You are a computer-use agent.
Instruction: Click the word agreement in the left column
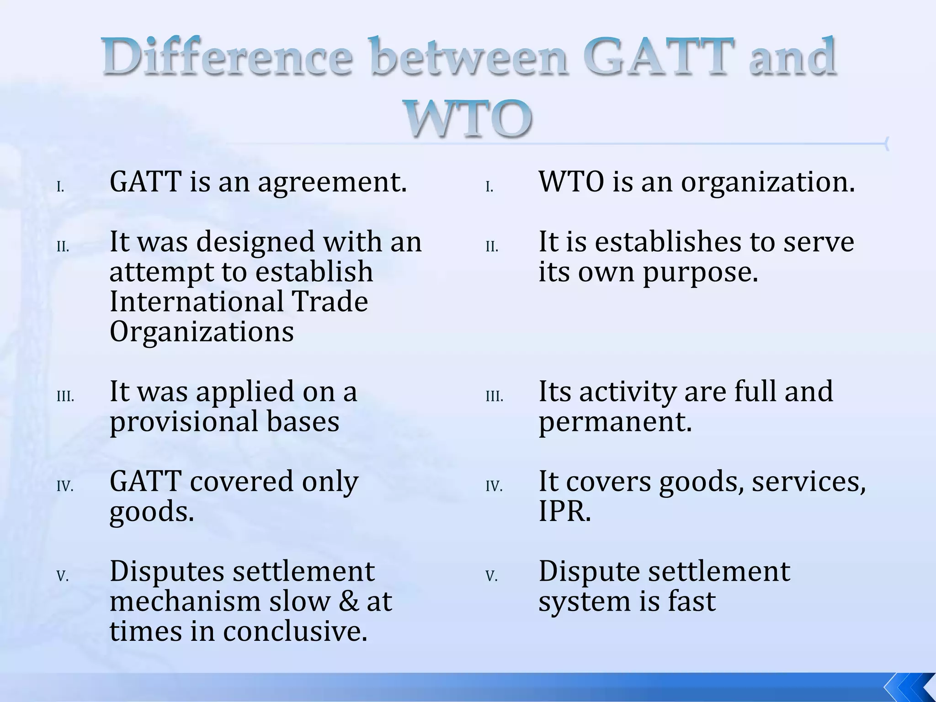click(x=331, y=182)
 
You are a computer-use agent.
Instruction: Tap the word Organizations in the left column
click(x=202, y=332)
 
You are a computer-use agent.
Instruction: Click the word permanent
click(x=615, y=422)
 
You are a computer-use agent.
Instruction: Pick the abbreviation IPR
click(x=564, y=511)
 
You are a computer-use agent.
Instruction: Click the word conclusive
click(x=295, y=632)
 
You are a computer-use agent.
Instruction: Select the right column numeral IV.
click(x=494, y=487)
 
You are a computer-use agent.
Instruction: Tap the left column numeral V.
click(x=63, y=577)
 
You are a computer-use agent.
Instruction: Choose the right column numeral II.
click(x=492, y=247)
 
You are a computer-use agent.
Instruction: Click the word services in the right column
click(x=808, y=482)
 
